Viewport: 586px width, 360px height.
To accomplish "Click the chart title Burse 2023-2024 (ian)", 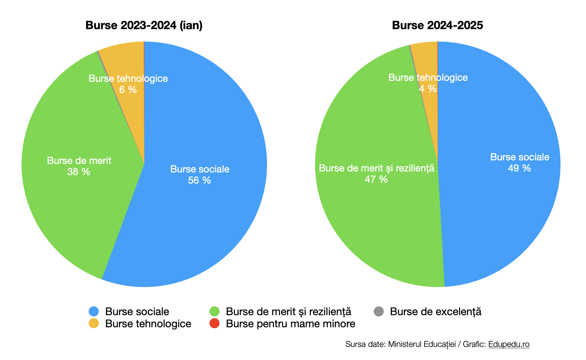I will pos(144,25).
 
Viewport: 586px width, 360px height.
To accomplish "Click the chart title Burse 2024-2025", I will pos(437,25).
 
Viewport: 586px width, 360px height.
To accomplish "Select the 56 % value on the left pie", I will pos(199,180).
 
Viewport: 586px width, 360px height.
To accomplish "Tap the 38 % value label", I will pos(79,172).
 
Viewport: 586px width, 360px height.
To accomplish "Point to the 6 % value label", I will pos(128,90).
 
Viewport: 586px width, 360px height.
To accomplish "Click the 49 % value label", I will pos(519,168).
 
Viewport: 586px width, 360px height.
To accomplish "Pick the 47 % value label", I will pos(376,179).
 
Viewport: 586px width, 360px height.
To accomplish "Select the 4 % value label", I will pos(428,89).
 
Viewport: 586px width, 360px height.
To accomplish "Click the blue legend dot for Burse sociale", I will pos(94,312).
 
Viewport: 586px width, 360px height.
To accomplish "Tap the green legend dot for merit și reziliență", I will pos(214,312).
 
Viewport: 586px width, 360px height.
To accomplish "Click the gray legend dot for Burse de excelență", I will pos(379,312).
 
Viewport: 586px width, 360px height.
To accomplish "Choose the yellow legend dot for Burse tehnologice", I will pos(94,323).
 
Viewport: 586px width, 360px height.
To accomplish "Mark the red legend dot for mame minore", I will pos(214,323).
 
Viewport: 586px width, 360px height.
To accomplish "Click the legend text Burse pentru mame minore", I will pos(291,324).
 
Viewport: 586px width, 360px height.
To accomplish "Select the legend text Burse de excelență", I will pos(435,312).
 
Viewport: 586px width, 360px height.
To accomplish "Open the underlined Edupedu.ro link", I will pos(509,344).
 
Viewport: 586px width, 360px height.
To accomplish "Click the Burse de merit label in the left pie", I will pos(79,161).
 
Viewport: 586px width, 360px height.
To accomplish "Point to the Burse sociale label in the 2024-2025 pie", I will pos(520,157).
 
